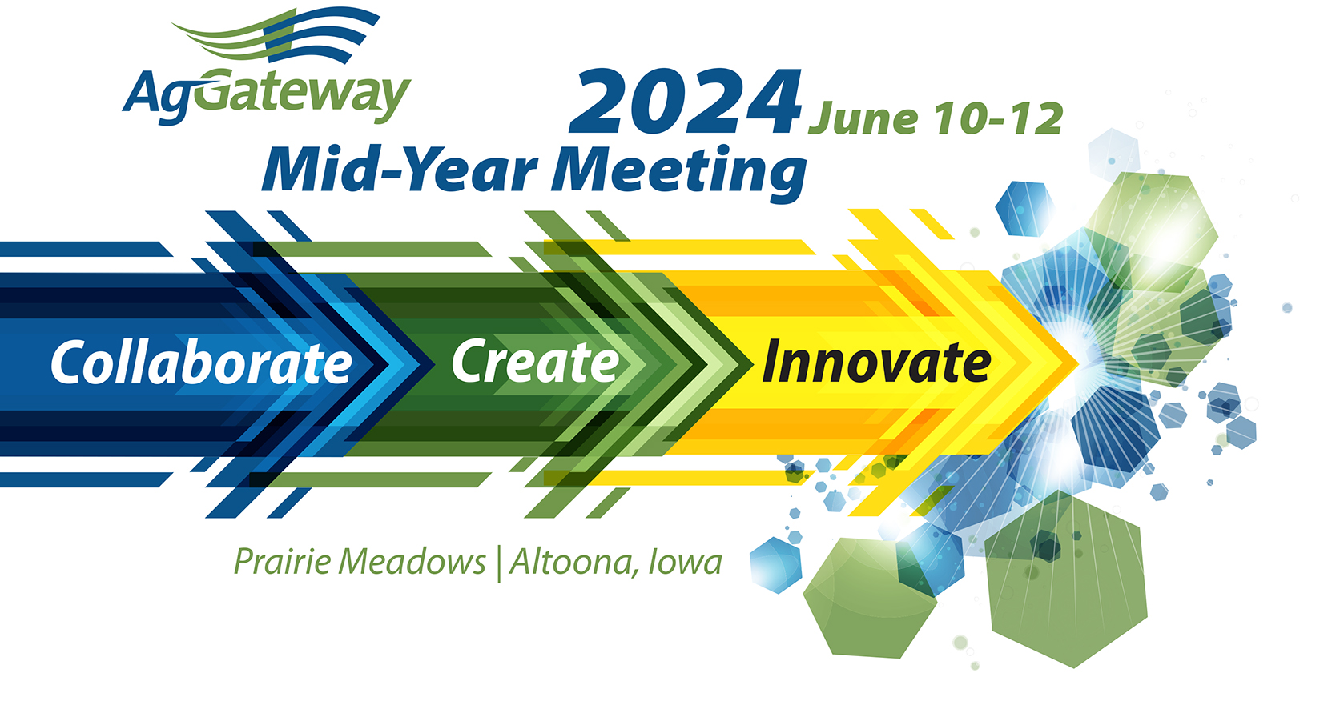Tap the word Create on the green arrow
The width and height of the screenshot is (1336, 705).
536,361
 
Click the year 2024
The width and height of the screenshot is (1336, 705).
686,102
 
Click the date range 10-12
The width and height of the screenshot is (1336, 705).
999,118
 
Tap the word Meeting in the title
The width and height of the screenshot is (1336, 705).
679,173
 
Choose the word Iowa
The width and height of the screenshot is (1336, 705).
686,562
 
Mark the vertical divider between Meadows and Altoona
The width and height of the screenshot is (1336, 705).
499,563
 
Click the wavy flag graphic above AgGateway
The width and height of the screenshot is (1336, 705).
276,35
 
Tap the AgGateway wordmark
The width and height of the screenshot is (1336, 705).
267,95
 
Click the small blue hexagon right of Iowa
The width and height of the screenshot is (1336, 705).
775,565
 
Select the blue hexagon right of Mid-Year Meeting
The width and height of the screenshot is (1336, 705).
1024,209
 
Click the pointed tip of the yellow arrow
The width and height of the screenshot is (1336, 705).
1077,362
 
